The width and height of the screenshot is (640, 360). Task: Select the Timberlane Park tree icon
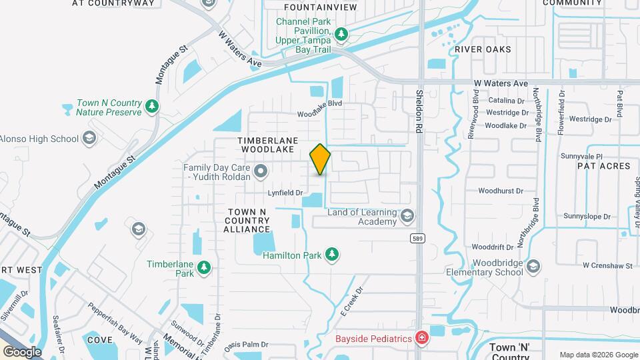click(205, 268)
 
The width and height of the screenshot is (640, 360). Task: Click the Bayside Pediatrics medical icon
click(421, 339)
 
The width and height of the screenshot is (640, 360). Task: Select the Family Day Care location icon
click(261, 172)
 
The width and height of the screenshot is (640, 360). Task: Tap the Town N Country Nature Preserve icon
click(153, 107)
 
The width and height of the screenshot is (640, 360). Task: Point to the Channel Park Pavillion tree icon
click(341, 33)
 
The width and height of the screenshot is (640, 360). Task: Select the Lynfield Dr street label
click(285, 193)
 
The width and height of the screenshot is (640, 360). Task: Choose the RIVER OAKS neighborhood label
click(483, 49)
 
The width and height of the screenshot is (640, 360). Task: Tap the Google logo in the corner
click(21, 351)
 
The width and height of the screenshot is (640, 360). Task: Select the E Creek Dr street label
click(350, 301)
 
